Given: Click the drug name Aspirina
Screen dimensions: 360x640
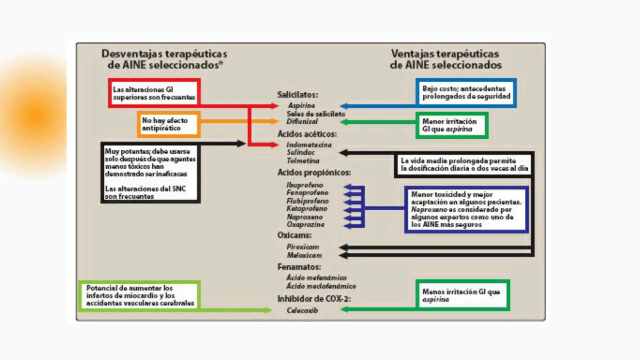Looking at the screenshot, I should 301,106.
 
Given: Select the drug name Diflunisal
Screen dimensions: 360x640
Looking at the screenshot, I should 302,122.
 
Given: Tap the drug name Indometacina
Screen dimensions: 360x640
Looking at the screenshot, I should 309,145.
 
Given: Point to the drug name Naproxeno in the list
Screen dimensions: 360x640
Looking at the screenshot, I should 304,217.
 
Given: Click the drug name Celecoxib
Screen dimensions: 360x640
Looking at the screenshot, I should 302,310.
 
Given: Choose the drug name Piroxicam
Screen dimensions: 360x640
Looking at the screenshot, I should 302,247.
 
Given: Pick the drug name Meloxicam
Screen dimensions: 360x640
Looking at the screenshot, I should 304,255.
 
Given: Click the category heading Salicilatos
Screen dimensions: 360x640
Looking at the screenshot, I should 297,95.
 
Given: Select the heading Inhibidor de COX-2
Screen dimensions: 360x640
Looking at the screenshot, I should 314,299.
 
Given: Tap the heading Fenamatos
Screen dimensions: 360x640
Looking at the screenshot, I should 299,267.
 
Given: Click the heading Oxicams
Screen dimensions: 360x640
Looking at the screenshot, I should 294,235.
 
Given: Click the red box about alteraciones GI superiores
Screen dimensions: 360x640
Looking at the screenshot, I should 154,93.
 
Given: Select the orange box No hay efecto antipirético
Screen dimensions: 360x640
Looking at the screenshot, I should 168,124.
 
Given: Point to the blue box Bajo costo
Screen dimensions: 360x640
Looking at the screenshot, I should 466,93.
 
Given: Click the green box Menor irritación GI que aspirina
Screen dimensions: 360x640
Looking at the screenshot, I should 452,125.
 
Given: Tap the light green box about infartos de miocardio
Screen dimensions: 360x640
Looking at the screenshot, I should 140,296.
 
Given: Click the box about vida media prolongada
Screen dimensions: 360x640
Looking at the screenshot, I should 464,165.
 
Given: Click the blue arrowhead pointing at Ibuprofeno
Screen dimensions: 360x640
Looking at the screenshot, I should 348,186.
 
